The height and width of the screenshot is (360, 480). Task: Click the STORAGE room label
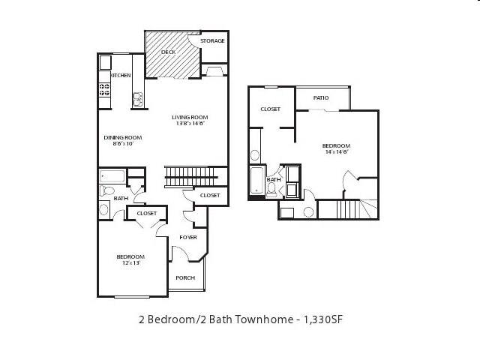212,40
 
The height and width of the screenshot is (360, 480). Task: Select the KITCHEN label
121,76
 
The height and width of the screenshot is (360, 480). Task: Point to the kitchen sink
138,97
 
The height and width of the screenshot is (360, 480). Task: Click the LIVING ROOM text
189,117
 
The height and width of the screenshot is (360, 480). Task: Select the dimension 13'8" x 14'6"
190,124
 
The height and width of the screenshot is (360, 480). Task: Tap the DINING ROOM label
122,137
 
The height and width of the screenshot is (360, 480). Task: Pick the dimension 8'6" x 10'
122,144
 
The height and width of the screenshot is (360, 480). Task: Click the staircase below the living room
190,177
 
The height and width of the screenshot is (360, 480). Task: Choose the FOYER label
187,237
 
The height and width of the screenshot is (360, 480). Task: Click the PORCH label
184,277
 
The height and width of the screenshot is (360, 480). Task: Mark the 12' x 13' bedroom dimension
129,263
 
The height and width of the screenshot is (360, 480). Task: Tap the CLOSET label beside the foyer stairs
210,195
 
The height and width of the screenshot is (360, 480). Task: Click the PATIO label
321,97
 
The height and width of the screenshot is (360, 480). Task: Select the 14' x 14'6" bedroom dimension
336,152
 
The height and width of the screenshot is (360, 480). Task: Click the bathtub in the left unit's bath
112,177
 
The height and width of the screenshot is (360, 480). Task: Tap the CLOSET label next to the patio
270,109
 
